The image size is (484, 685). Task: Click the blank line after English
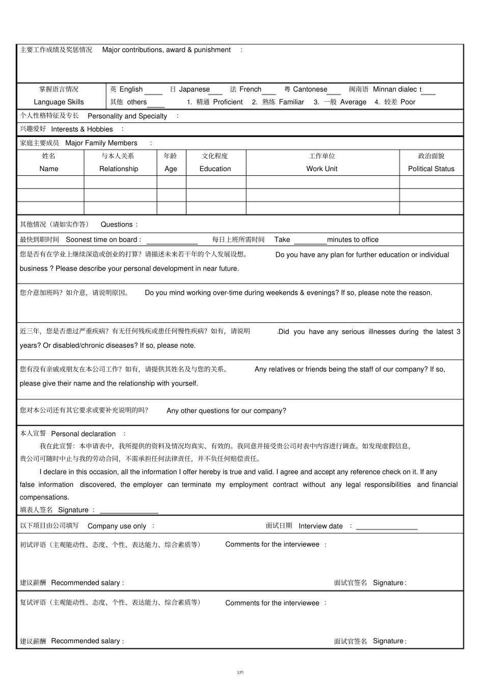(153, 93)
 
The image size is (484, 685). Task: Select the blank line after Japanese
(216, 93)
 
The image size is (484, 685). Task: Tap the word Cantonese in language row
(310, 89)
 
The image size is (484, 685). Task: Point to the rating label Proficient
(228, 102)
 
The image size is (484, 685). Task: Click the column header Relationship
(119, 169)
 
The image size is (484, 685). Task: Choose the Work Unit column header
(321, 169)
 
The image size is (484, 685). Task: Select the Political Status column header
(431, 169)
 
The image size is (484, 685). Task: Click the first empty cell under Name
(50, 182)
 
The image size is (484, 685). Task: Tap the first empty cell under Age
(171, 182)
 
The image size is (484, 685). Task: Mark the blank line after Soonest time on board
(172, 243)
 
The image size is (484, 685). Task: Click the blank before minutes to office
(310, 243)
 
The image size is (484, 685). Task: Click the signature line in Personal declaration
(129, 512)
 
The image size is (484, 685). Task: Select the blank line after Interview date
(387, 529)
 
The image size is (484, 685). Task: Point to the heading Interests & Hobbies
(82, 129)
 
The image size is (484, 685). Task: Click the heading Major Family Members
(101, 143)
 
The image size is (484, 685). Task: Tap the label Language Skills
(59, 102)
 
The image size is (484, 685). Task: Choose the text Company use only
(117, 526)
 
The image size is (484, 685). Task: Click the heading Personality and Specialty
(127, 116)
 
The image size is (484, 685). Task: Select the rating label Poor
(408, 102)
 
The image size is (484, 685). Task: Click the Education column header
(215, 169)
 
